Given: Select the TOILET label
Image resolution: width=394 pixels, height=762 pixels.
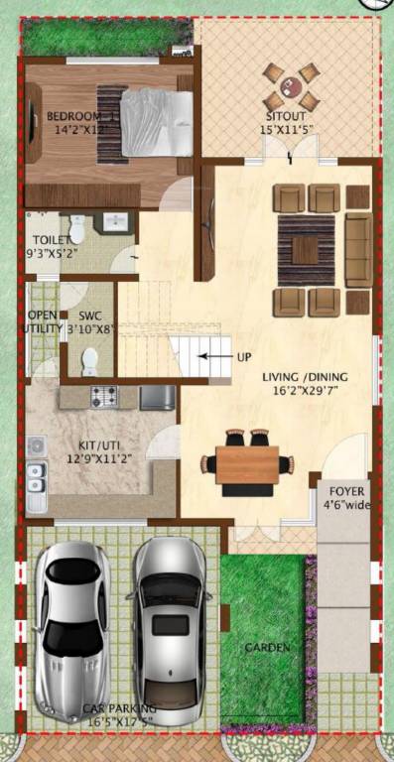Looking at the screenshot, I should (49, 240).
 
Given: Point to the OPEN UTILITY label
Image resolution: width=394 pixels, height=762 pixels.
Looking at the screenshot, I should (43, 322).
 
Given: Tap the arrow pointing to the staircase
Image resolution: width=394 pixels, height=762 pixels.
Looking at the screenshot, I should (212, 355).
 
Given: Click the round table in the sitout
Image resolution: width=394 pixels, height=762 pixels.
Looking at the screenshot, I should (290, 86).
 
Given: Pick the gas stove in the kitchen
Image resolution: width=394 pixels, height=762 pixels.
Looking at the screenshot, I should (104, 398).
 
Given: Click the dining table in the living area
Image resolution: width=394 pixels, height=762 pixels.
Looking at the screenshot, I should (247, 462).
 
